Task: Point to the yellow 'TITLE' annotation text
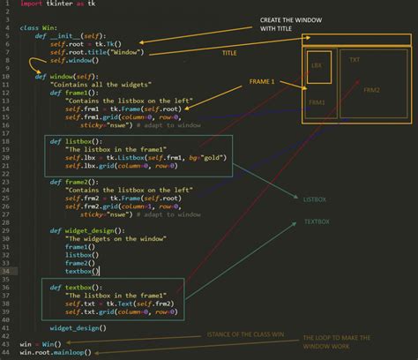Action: point(229,53)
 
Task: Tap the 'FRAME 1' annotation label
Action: point(262,81)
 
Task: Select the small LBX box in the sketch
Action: point(317,67)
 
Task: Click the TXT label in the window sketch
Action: point(355,60)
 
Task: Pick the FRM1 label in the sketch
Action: point(317,102)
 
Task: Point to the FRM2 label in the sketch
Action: point(370,90)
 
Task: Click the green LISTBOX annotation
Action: point(315,200)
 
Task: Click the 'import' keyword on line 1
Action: point(31,4)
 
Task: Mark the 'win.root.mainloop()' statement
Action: point(55,351)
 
